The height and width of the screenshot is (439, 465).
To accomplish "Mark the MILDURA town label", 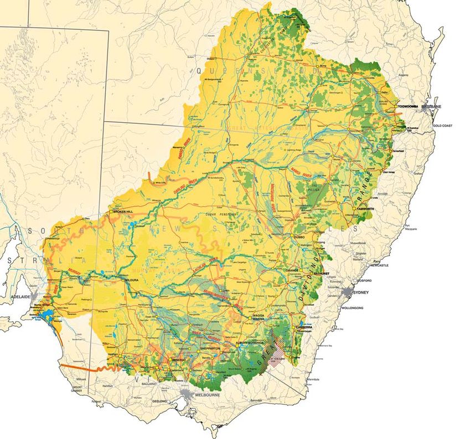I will coord(131,280).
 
